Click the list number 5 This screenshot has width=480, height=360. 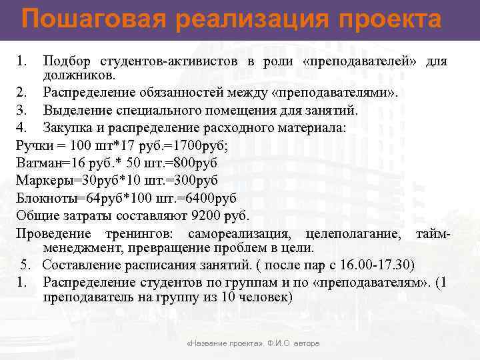pos(25,265)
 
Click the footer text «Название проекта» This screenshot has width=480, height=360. pos(226,343)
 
